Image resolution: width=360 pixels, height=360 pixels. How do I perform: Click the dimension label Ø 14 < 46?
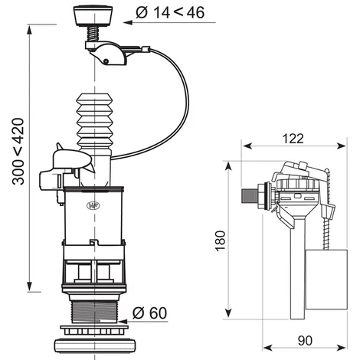click(x=170, y=12)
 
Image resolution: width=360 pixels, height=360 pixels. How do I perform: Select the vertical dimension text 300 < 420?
click(x=18, y=152)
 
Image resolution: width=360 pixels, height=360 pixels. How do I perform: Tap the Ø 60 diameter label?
click(x=149, y=313)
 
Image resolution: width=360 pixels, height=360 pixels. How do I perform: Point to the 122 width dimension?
click(x=293, y=139)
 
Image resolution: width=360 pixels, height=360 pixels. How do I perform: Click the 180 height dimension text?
click(x=221, y=241)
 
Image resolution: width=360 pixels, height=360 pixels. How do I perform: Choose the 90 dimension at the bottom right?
click(x=305, y=341)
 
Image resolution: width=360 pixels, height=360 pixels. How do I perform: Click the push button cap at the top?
click(x=93, y=15)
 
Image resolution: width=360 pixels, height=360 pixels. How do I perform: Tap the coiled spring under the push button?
click(x=93, y=33)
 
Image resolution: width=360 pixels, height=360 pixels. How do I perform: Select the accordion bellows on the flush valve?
click(x=94, y=121)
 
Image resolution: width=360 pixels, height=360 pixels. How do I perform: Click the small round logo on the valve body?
click(x=91, y=205)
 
